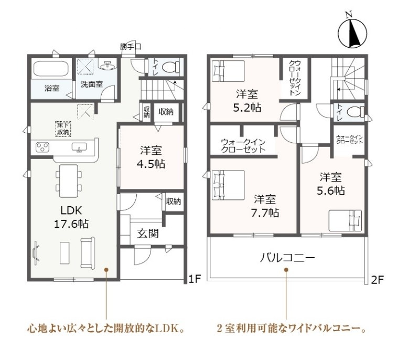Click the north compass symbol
pyautogui.click(x=352, y=33)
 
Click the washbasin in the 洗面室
pyautogui.click(x=109, y=66)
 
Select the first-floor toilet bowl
pyautogui.click(x=170, y=67)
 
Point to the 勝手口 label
pyautogui.click(x=131, y=47)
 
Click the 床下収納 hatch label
pyautogui.click(x=63, y=129)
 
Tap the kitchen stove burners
pyautogui.click(x=42, y=147)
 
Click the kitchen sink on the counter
pyautogui.click(x=79, y=147)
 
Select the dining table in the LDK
pyautogui.click(x=68, y=181)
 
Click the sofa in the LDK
pyautogui.click(x=88, y=253)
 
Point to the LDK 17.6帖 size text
pyautogui.click(x=71, y=217)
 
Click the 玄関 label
pyautogui.click(x=148, y=233)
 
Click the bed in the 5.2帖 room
pyautogui.click(x=228, y=70)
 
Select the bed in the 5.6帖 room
pyautogui.click(x=345, y=220)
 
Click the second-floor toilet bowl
pyautogui.click(x=356, y=112)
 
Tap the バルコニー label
pyautogui.click(x=287, y=258)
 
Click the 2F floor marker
pyautogui.click(x=377, y=280)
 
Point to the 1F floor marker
pyautogui.click(x=195, y=280)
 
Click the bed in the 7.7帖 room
pyautogui.click(x=228, y=184)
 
